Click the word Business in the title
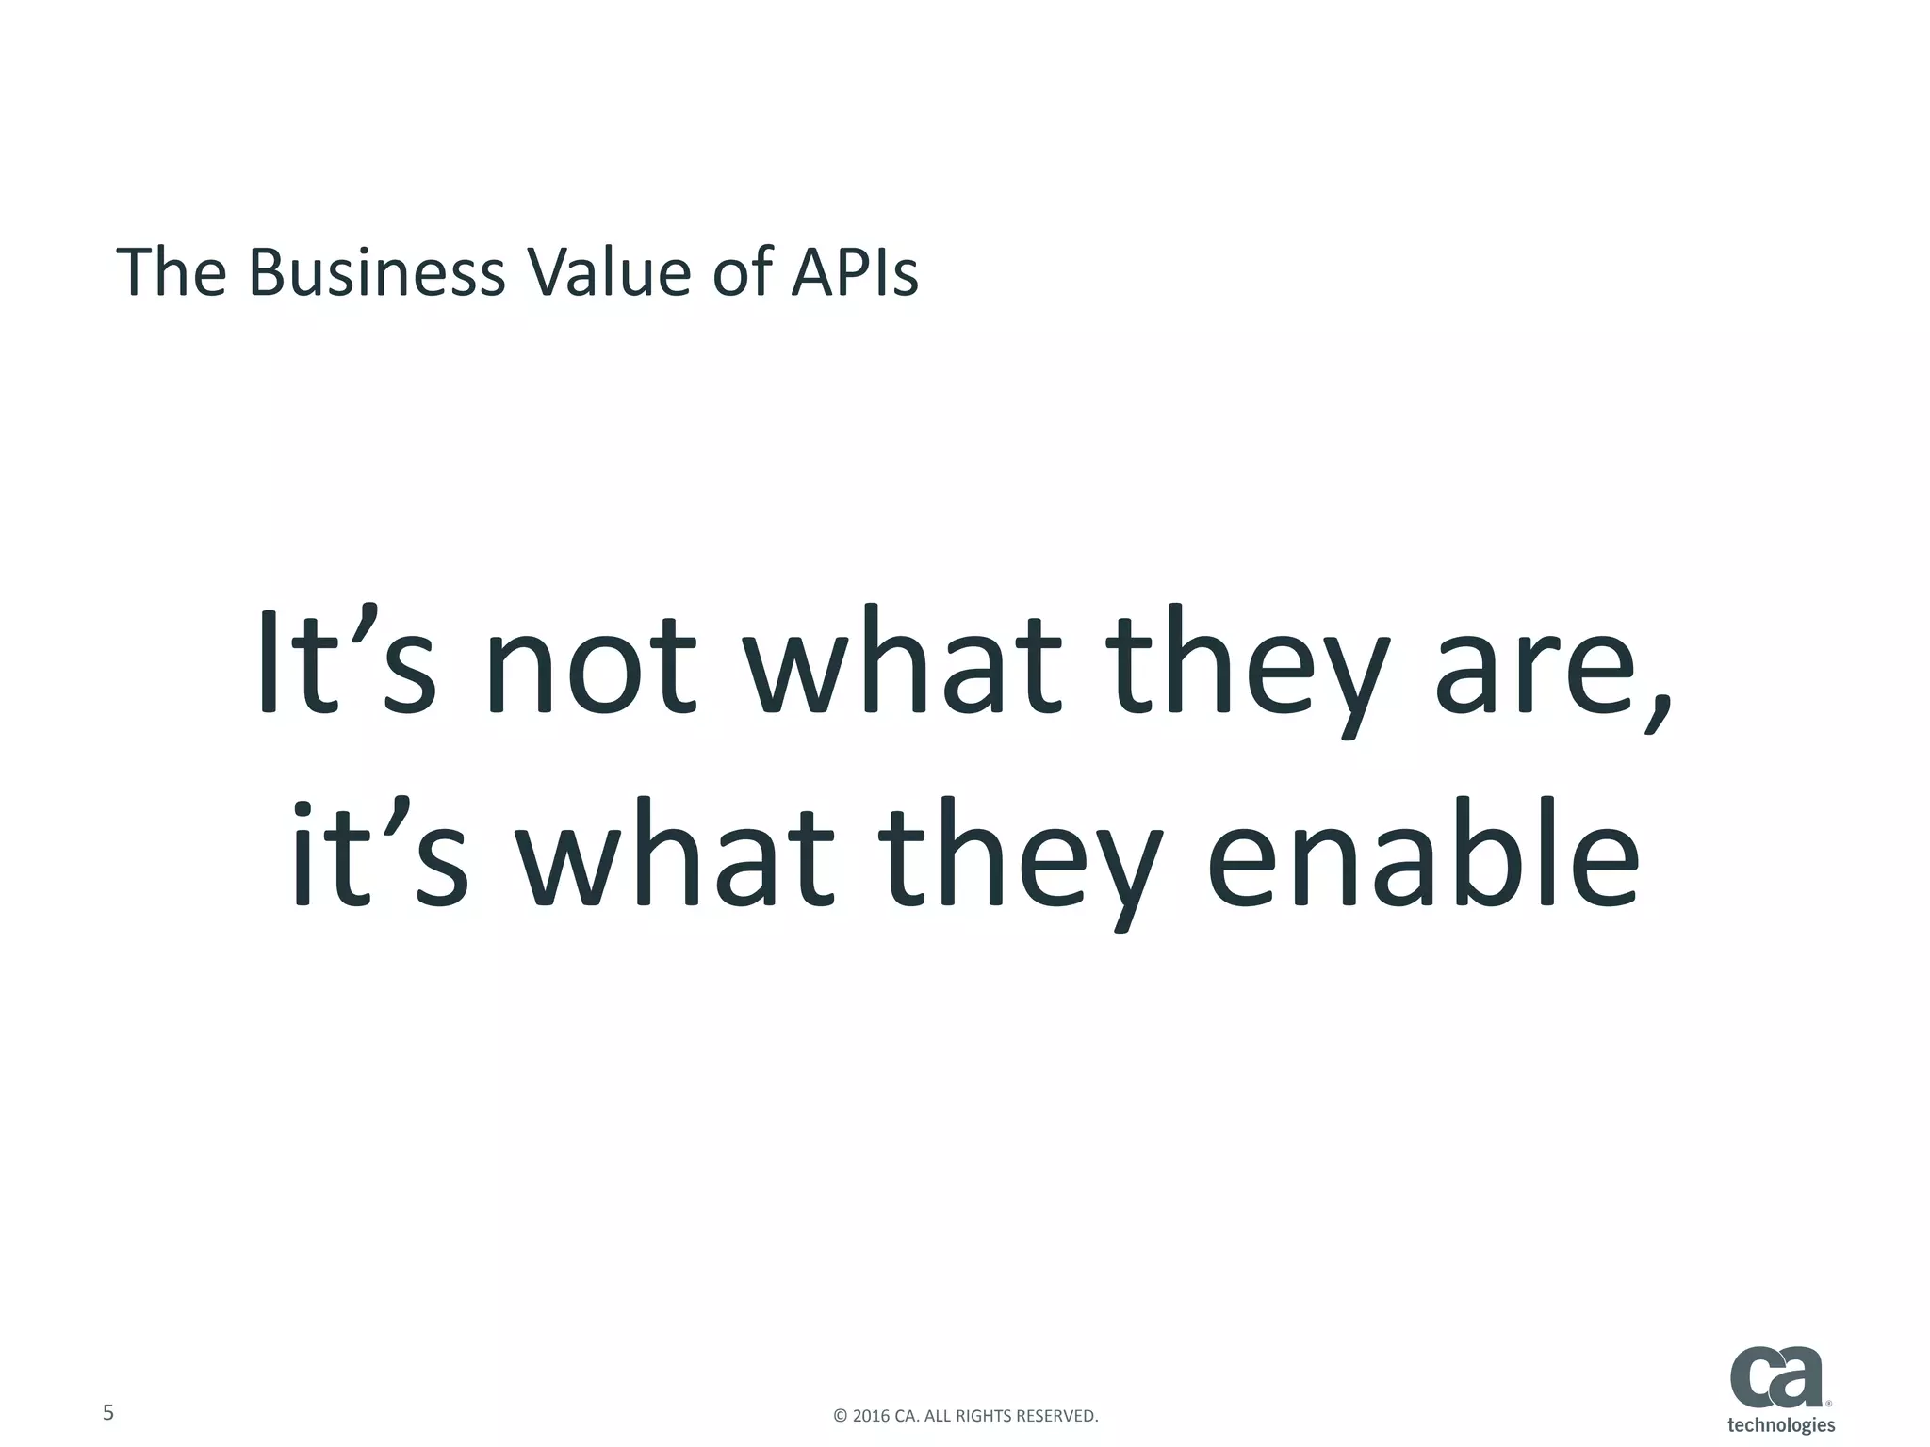377,273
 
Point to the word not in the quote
592,664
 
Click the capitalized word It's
346,664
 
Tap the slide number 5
108,1412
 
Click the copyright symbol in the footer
841,1416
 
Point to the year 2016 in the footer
871,1416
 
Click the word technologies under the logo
1781,1424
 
